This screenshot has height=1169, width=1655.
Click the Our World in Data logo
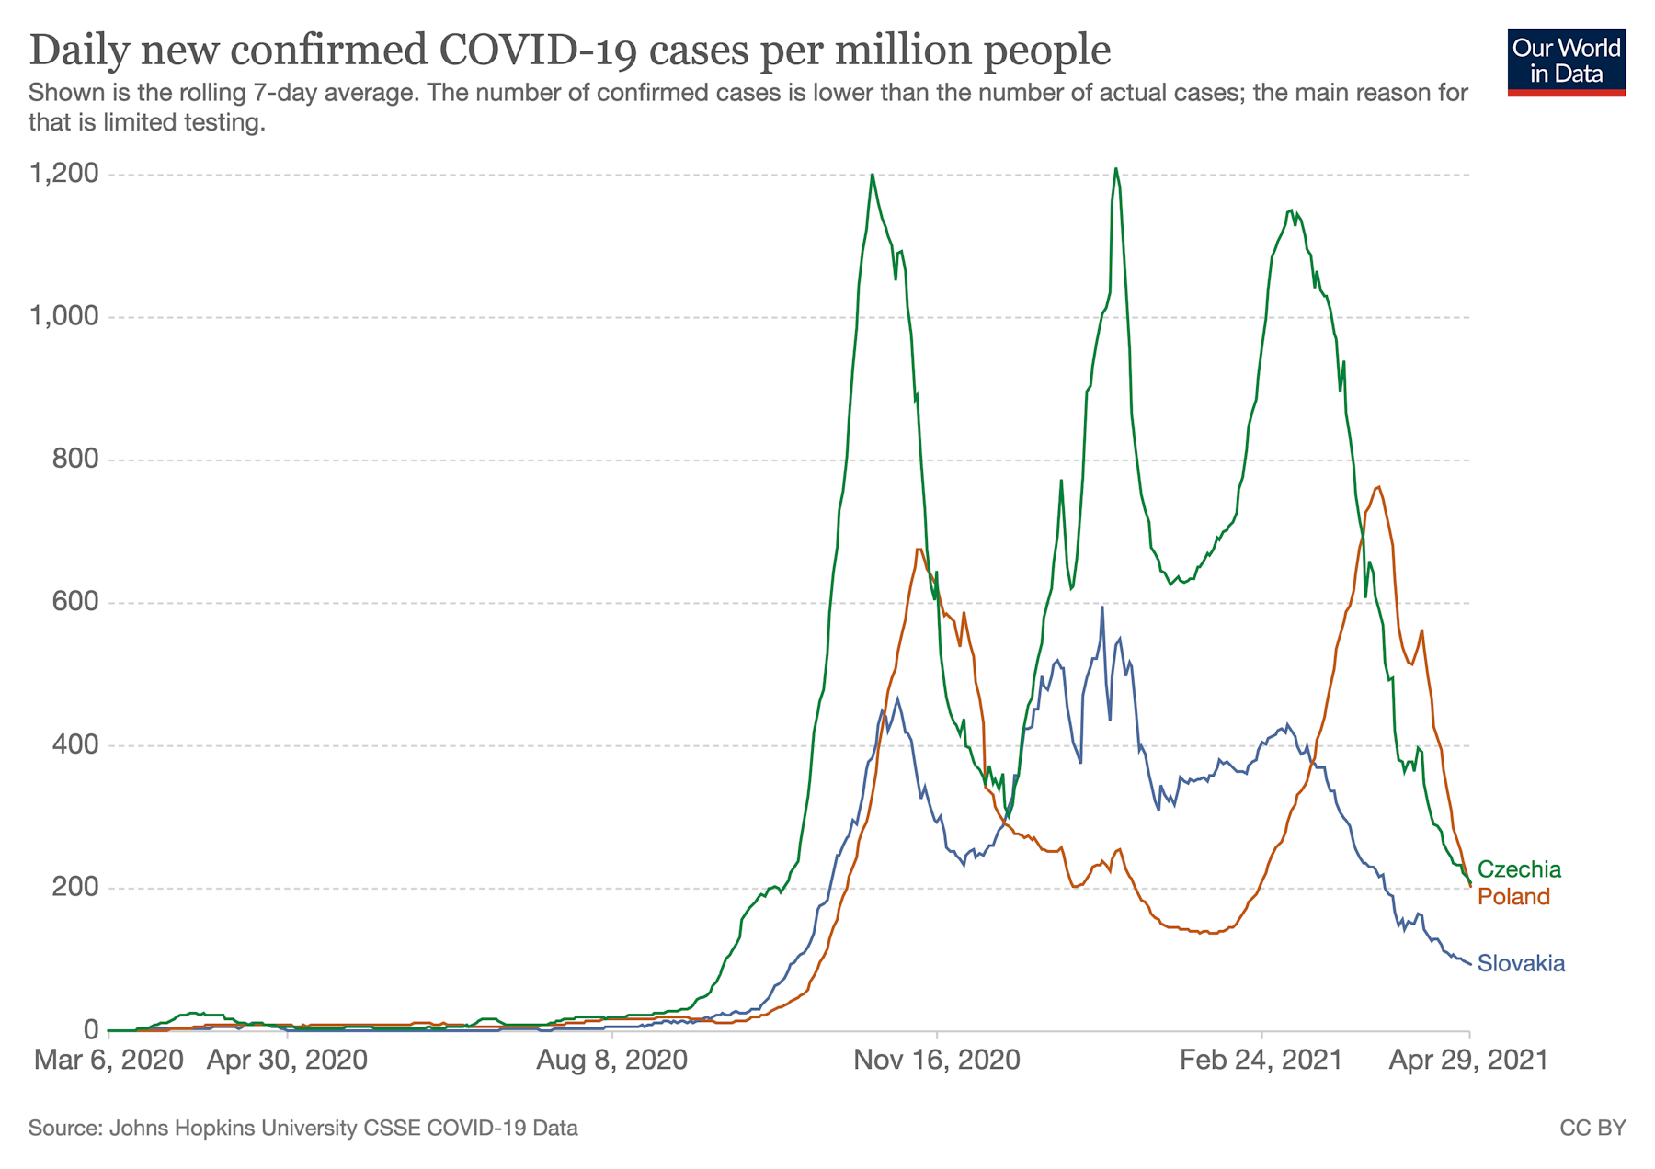[1566, 62]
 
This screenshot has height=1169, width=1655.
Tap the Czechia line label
[1519, 869]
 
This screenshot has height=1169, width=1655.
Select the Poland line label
[1513, 897]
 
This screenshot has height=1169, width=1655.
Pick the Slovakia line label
[1521, 964]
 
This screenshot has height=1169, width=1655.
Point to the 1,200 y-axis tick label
[64, 174]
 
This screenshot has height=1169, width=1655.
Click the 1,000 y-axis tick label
[64, 317]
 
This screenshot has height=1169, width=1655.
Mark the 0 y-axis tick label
[91, 1030]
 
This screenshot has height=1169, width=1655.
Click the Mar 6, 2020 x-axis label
[108, 1061]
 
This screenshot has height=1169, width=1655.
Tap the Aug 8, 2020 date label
[611, 1061]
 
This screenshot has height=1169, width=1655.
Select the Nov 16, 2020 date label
[936, 1061]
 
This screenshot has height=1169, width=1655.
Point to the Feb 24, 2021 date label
[1261, 1061]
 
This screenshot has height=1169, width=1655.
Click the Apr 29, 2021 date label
[1467, 1061]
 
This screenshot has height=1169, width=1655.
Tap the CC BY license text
[1592, 1128]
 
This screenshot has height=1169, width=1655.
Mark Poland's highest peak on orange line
[1377, 487]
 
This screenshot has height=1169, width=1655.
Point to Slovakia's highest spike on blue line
[1101, 607]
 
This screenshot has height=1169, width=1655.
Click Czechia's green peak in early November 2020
[872, 175]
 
